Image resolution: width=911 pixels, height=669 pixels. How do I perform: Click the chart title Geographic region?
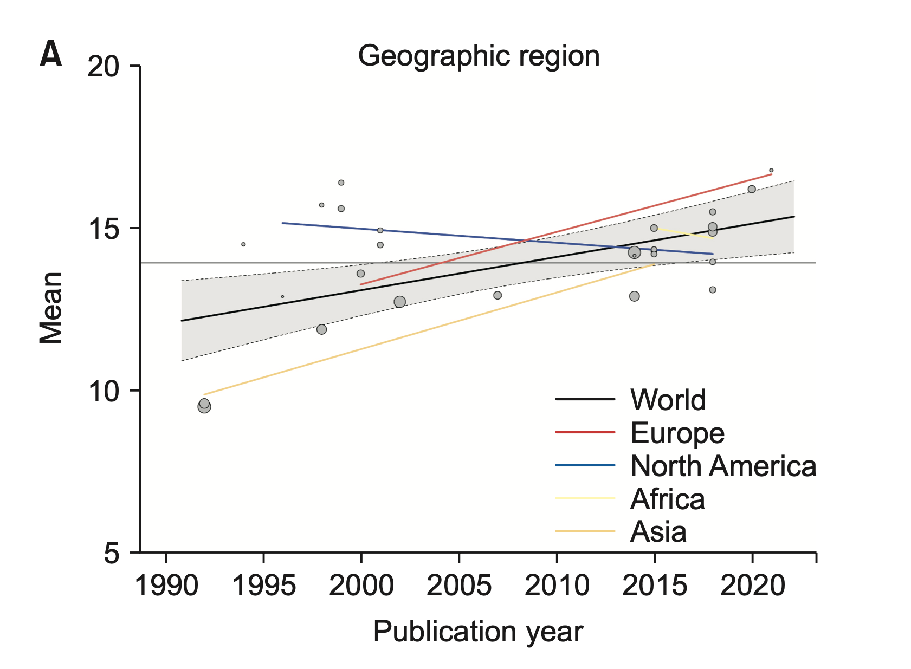click(x=479, y=56)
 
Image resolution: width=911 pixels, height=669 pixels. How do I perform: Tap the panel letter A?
click(x=50, y=55)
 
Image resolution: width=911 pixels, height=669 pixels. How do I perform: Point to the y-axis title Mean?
click(x=51, y=308)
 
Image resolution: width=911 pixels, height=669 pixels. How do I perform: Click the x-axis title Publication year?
click(x=478, y=632)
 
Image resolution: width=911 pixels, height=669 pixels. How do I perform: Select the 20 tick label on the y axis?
click(x=103, y=67)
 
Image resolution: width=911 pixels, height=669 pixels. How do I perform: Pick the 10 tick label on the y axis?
click(x=103, y=391)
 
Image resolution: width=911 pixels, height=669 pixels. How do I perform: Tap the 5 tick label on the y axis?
click(x=111, y=553)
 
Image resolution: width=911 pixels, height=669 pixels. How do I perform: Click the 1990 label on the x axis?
click(x=166, y=586)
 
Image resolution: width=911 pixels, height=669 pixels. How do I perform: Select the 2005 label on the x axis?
click(x=459, y=586)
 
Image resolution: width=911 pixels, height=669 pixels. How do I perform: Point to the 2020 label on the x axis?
click(x=752, y=586)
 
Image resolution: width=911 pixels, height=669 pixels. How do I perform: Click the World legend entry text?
click(x=668, y=400)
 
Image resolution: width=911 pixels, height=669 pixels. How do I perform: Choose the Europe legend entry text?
click(x=677, y=433)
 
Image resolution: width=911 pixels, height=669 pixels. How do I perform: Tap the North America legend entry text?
click(x=723, y=466)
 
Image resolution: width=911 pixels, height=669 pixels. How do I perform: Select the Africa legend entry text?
click(x=667, y=499)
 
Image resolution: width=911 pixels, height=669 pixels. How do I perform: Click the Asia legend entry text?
click(x=658, y=532)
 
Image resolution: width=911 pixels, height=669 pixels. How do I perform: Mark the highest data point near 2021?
click(x=771, y=170)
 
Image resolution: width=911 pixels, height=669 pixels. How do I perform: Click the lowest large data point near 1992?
click(x=204, y=406)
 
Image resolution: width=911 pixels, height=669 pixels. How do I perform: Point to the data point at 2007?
click(x=498, y=295)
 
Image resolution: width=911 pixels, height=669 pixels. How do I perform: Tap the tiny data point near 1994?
click(x=243, y=244)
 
